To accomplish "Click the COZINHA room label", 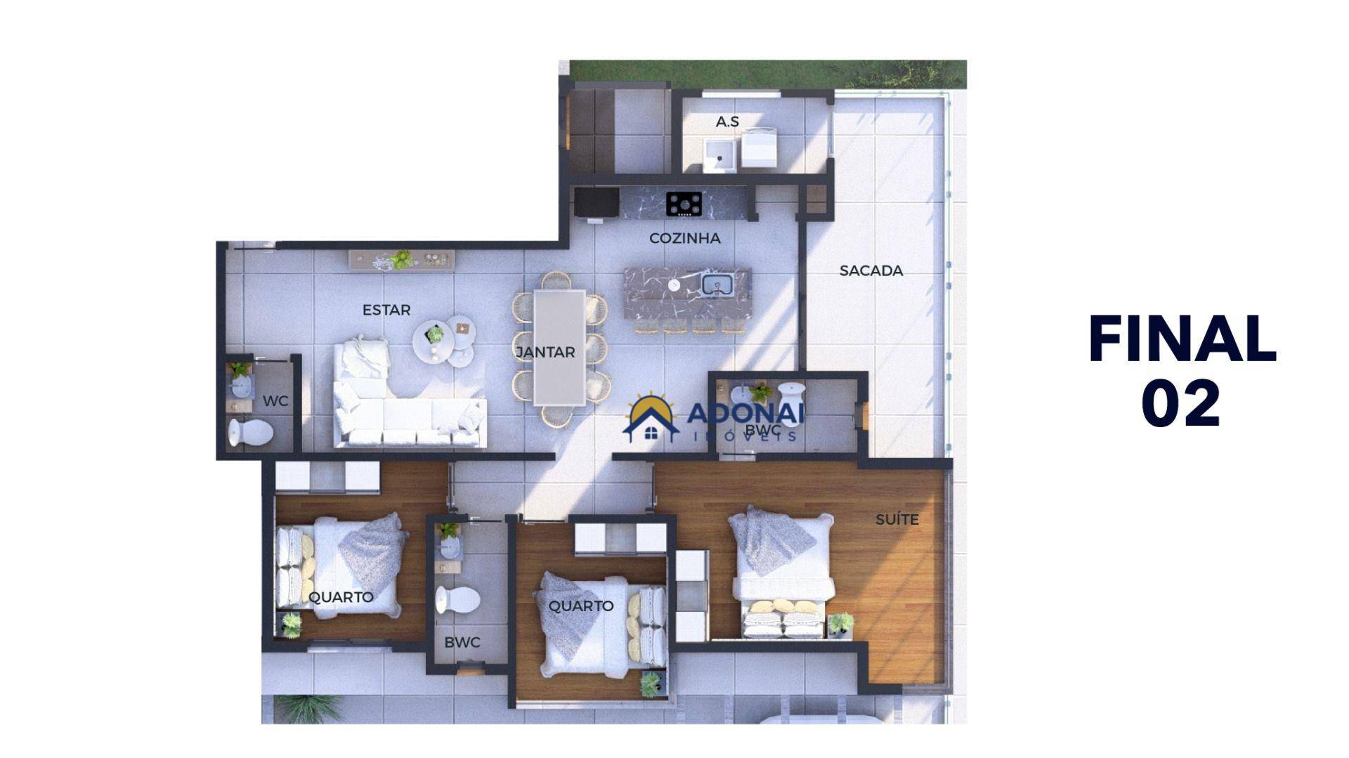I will click(x=684, y=238).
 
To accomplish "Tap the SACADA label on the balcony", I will click(x=871, y=270).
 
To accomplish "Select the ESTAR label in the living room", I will click(x=386, y=310).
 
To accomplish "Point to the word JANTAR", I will click(x=545, y=353).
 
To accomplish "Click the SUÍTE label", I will click(x=897, y=520).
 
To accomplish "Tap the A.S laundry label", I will click(x=727, y=122).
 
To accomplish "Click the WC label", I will click(x=275, y=401).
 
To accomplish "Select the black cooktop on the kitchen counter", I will click(x=684, y=204).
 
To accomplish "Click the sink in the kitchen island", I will click(x=717, y=285).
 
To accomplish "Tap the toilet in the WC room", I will click(x=249, y=433).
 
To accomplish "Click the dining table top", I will click(x=559, y=348).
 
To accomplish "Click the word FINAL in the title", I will click(x=1182, y=339).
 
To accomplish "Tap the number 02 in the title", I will click(x=1180, y=403).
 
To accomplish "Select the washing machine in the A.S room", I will click(x=759, y=148).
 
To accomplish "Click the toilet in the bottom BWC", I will click(x=457, y=600).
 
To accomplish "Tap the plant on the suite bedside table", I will click(x=840, y=622).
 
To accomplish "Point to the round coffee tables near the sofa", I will click(x=444, y=343).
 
